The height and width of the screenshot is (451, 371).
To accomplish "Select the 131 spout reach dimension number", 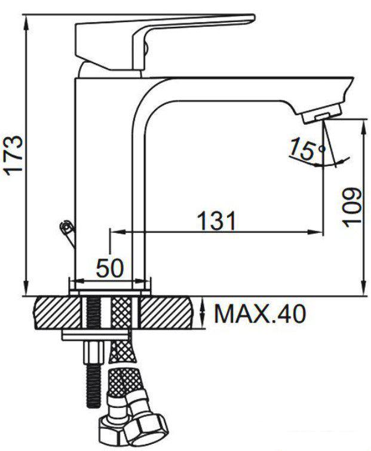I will point(216,221).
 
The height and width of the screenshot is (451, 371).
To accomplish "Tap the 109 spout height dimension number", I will point(352,207).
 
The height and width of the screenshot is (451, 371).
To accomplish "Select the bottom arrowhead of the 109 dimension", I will point(364,291).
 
